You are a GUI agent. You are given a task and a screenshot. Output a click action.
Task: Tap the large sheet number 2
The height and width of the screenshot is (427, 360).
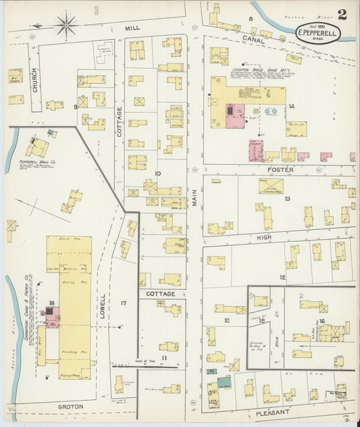coord(342,15)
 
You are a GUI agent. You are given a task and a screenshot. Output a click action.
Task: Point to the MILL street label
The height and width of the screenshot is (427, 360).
coord(132,28)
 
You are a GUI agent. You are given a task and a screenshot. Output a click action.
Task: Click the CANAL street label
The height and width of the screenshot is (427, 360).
coord(254,41)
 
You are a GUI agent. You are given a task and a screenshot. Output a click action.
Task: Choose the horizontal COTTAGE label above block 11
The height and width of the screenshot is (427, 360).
coord(160,294)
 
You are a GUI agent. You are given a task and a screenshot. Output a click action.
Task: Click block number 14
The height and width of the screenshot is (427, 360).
coord(291,107)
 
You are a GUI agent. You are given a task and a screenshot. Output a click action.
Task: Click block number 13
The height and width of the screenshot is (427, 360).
coord(287,199)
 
